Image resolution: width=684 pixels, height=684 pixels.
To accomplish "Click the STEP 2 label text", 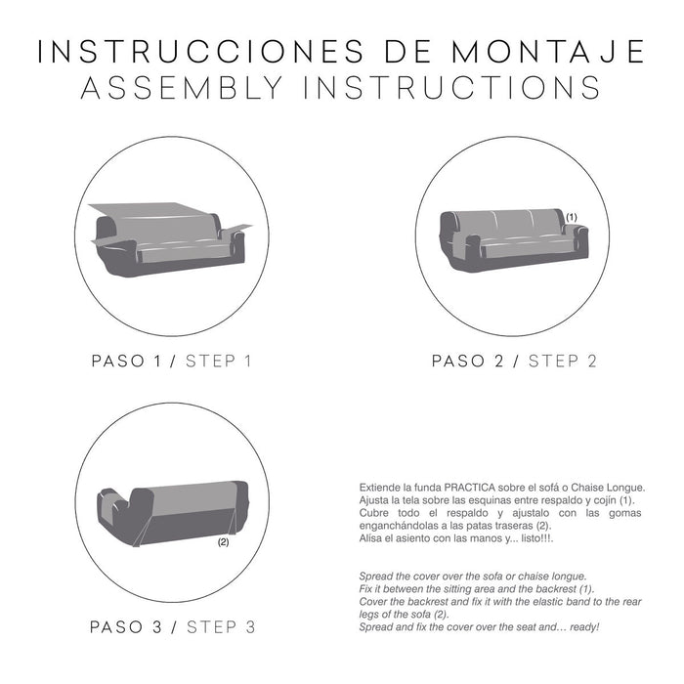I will point(562,361).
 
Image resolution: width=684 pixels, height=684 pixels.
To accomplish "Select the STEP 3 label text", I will point(221,626).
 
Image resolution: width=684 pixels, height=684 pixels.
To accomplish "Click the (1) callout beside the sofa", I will point(572,216).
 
